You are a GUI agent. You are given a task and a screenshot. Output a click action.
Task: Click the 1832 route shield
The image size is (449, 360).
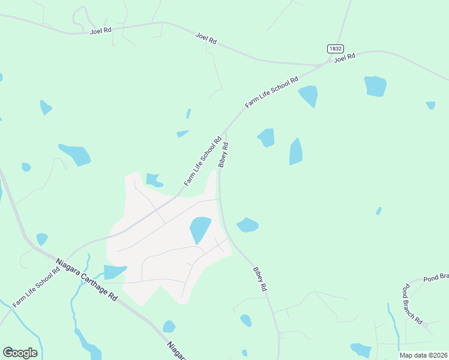click(x=335, y=48)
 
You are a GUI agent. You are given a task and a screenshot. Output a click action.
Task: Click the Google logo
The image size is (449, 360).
click(x=20, y=353)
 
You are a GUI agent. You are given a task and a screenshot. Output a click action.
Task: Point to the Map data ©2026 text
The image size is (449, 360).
click(x=423, y=355)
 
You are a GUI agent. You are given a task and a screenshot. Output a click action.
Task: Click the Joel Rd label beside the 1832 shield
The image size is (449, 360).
click(x=345, y=58)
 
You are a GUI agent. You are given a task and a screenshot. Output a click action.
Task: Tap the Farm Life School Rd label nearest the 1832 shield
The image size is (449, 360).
click(x=272, y=92)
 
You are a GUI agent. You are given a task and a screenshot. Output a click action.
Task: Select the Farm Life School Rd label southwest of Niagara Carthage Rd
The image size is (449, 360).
click(x=36, y=287)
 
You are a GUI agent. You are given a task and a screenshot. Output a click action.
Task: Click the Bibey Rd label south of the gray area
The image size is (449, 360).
click(x=259, y=279)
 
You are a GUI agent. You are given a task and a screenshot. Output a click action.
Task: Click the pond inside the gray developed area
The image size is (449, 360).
click(x=200, y=229)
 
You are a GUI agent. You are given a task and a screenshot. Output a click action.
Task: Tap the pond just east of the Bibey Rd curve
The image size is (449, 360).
click(x=247, y=225)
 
